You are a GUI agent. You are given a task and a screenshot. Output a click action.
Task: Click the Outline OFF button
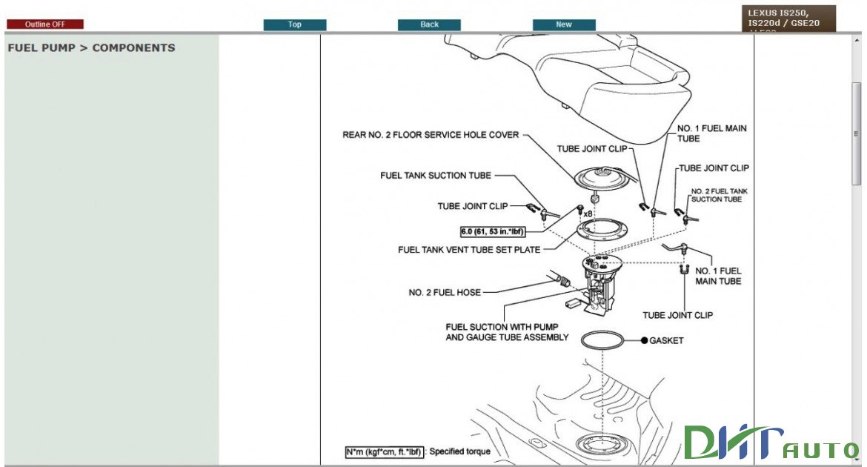click(x=45, y=24)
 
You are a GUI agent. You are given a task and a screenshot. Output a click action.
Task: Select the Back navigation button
click(x=429, y=24)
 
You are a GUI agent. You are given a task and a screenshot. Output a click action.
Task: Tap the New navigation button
click(x=564, y=24)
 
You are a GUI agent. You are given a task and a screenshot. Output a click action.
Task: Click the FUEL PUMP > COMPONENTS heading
click(x=91, y=48)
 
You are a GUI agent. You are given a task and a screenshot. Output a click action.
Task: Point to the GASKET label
click(x=666, y=341)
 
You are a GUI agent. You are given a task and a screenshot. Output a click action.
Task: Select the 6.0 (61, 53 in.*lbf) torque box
click(x=492, y=231)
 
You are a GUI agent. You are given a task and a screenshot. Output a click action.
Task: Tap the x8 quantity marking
click(x=588, y=214)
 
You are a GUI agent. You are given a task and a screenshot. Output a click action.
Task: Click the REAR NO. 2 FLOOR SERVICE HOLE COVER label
click(x=431, y=135)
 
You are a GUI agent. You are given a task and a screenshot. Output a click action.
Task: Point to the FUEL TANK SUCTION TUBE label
click(x=436, y=176)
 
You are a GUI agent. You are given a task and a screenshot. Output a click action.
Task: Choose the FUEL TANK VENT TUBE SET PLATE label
click(x=469, y=250)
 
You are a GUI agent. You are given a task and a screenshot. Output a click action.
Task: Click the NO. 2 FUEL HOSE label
click(x=445, y=293)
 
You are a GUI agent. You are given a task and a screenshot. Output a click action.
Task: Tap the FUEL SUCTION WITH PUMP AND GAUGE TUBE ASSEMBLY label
click(x=507, y=332)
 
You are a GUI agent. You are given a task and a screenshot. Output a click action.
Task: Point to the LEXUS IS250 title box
click(x=788, y=19)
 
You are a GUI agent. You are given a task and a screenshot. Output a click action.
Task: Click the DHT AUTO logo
click(x=771, y=443)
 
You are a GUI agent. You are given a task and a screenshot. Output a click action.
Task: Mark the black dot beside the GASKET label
click(x=645, y=341)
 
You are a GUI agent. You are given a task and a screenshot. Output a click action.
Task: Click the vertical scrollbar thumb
click(x=857, y=133)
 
